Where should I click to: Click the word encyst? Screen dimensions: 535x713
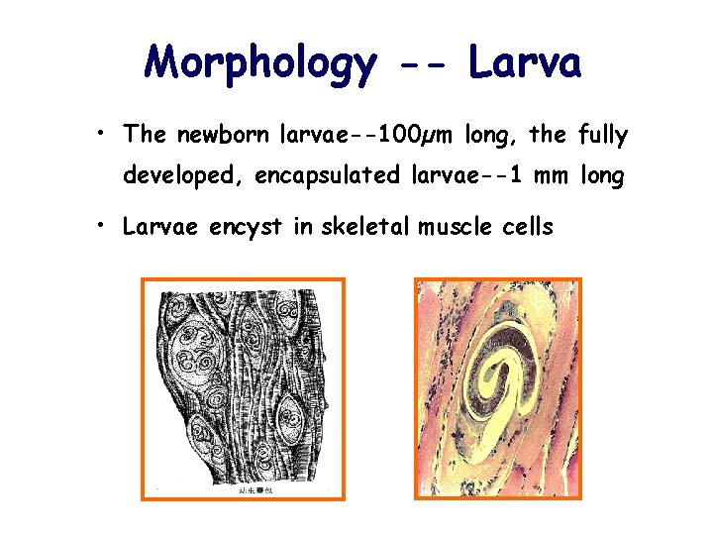coord(248,227)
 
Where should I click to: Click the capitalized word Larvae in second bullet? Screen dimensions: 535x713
coord(155,227)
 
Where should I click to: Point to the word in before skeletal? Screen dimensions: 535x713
coord(303,227)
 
